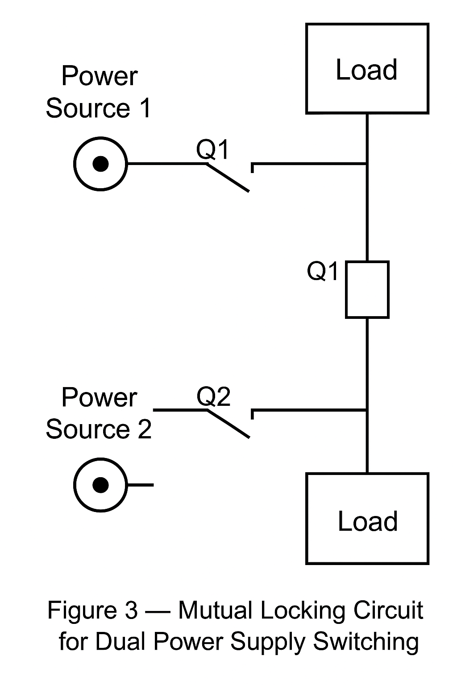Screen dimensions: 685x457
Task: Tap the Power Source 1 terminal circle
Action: tap(100, 164)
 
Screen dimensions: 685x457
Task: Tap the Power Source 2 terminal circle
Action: tap(100, 485)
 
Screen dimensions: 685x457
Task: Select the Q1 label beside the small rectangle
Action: tap(323, 271)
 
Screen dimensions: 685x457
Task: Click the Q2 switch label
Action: tap(214, 396)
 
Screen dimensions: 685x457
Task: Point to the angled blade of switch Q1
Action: tap(228, 177)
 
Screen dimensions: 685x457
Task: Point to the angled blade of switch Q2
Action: tap(228, 423)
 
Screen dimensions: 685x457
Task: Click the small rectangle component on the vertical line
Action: tap(367, 290)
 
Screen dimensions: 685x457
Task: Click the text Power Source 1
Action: tap(99, 92)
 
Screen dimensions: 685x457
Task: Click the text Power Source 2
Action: tap(99, 413)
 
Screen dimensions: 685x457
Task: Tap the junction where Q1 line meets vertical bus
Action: tap(367, 164)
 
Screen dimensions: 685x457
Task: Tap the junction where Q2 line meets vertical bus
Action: tap(367, 409)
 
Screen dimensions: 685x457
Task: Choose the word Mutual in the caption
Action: tap(216, 610)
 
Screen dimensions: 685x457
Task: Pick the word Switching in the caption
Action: tap(366, 641)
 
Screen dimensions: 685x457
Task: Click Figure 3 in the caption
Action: tap(93, 610)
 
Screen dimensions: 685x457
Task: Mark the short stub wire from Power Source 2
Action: tap(141, 485)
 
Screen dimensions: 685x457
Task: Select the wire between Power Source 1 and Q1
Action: tap(165, 164)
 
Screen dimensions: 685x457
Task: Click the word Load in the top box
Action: tap(366, 70)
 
